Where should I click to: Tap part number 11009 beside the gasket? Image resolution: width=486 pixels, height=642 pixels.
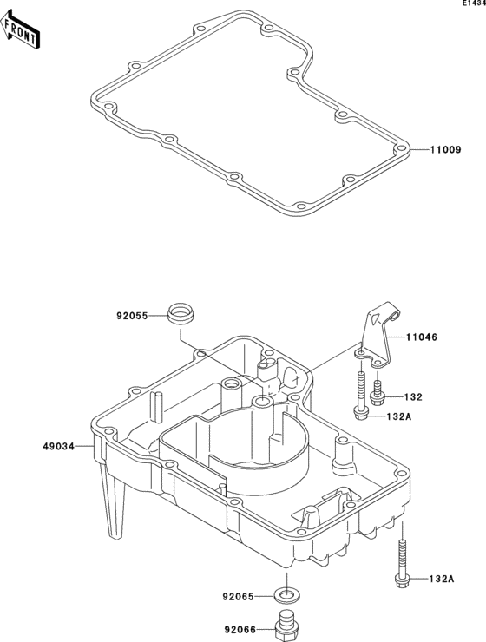pos(445,150)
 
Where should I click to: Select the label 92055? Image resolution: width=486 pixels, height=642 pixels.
pos(132,316)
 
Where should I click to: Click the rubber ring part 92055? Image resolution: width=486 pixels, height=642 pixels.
pos(181,314)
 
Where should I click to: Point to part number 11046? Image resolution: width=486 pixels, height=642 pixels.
pos(422,337)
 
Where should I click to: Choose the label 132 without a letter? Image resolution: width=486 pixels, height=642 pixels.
pos(413,397)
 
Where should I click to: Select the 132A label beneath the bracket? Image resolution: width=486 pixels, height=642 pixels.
pos(399,416)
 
